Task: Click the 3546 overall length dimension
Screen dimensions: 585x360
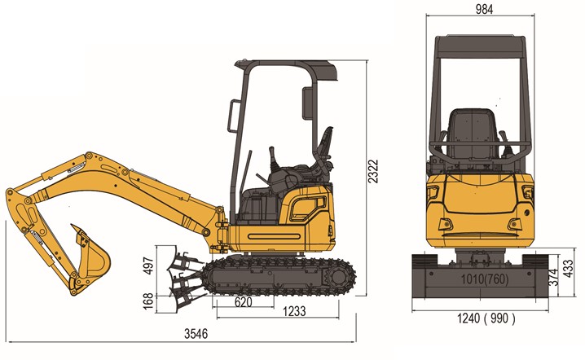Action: coord(196,333)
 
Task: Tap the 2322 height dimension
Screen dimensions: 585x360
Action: coord(372,171)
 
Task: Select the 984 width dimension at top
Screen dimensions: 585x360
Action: coord(484,9)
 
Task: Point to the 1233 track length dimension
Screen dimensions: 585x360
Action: coord(294,311)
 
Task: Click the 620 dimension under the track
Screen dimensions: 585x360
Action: coord(244,302)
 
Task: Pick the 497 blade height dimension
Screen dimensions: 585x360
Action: coord(149,266)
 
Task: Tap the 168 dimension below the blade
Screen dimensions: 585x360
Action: coord(148,301)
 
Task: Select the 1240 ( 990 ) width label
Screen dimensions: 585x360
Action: coord(486,318)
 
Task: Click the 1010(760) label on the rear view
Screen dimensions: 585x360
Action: coord(485,279)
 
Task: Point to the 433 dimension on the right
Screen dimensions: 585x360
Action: coord(567,268)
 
